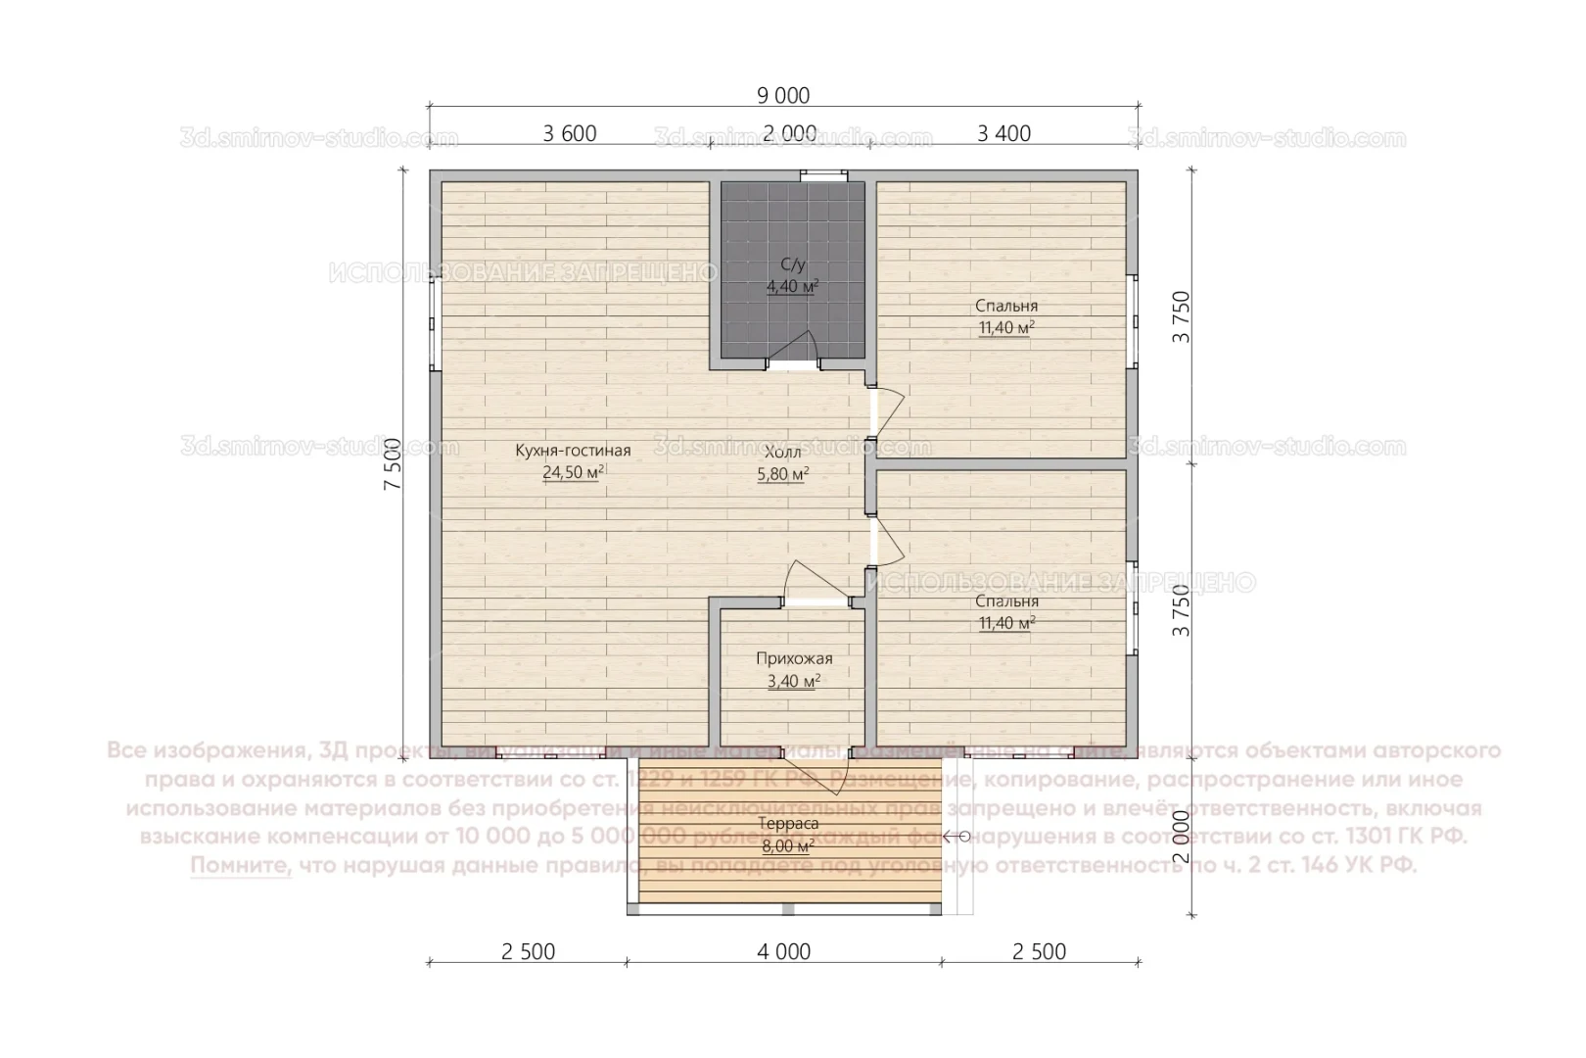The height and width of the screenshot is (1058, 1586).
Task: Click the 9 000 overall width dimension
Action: [x=783, y=95]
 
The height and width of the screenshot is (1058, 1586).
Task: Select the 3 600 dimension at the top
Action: [x=570, y=133]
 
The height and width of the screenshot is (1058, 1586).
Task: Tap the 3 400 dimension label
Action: [x=1003, y=133]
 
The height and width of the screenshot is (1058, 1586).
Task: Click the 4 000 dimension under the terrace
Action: [x=783, y=951]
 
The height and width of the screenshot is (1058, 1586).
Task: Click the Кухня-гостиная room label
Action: [x=573, y=451]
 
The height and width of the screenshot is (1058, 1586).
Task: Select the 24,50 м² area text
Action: [x=573, y=472]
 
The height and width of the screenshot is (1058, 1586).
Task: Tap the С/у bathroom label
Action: [x=792, y=264]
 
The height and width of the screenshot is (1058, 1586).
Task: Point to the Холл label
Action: [x=782, y=453]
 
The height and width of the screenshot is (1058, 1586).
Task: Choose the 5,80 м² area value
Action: [x=782, y=474]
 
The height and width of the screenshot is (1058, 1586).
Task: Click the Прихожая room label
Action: [x=794, y=659]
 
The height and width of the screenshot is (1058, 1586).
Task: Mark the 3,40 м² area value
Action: [x=794, y=681]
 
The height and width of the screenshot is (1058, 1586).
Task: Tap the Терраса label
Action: [x=788, y=824]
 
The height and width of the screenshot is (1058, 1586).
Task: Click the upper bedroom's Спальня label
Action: [x=1006, y=306]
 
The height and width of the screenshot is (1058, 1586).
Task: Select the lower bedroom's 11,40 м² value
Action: [x=1006, y=623]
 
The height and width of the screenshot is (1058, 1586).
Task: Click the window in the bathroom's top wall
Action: [x=822, y=175]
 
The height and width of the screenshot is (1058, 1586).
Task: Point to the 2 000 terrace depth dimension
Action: [x=1182, y=835]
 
